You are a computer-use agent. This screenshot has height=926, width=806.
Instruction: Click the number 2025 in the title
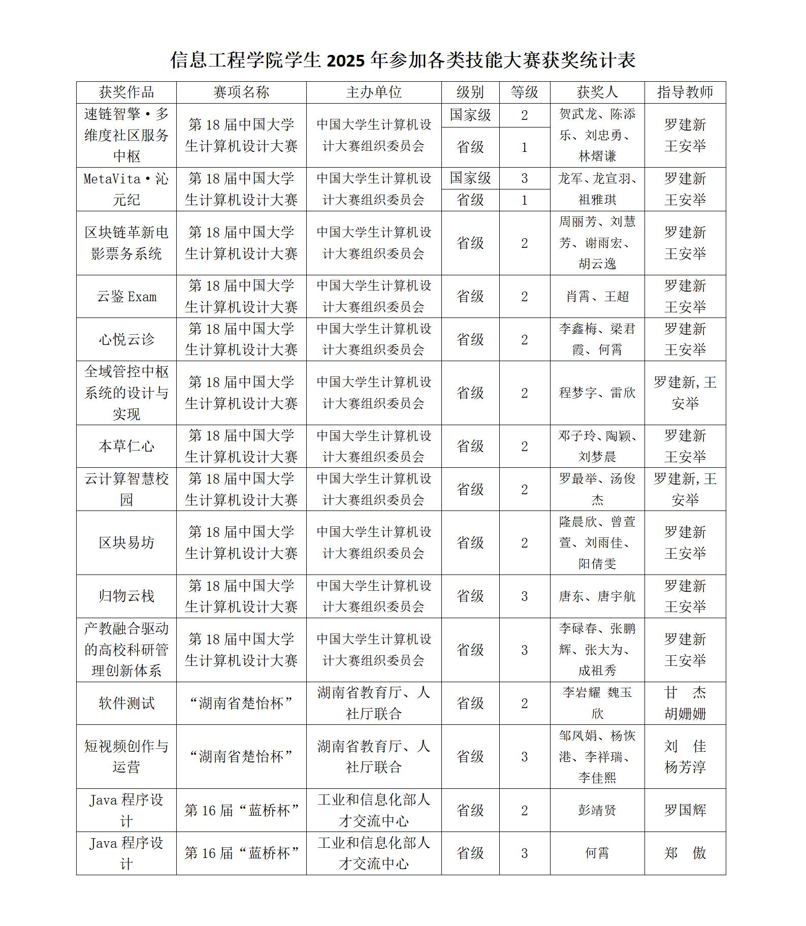pos(346,60)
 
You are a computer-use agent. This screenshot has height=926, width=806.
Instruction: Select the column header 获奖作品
pos(126,92)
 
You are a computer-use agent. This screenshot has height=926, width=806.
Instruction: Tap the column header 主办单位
pos(374,92)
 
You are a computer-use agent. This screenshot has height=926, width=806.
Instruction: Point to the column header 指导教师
pos(685,92)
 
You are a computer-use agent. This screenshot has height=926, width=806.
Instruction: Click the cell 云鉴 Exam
pos(126,297)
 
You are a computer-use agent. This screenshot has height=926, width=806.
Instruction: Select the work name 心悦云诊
pos(126,339)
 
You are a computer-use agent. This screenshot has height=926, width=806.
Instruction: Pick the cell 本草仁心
pos(126,446)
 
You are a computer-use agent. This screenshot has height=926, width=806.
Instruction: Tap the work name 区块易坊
pos(126,543)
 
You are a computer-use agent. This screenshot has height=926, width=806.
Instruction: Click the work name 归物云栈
pos(126,596)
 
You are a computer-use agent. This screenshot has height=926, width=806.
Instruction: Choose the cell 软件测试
pos(126,704)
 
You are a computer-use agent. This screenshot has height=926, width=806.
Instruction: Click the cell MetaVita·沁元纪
pos(126,189)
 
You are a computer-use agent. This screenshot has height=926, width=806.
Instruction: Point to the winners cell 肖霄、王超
pos(597,297)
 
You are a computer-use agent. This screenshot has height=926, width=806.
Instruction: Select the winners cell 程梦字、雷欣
pos(597,393)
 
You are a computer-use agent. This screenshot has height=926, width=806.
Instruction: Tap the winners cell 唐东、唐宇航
pos(597,596)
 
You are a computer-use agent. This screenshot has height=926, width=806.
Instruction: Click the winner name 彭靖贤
pos(597,811)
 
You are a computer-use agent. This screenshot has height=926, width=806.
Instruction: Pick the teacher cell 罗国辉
pos(685,811)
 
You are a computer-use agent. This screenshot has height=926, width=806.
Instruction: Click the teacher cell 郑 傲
pos(685,853)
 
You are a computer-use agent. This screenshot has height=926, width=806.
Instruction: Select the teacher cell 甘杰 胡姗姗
pos(685,704)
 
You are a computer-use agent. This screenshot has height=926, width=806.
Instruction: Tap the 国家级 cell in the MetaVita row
pos(470,179)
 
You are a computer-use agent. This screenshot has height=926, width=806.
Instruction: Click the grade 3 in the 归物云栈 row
pos(525,596)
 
